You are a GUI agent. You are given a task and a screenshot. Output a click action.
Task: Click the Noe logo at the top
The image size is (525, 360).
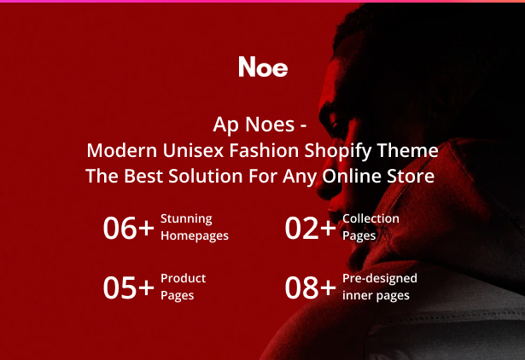[x=263, y=67]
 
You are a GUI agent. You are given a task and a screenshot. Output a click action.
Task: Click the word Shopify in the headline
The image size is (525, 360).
[x=337, y=151]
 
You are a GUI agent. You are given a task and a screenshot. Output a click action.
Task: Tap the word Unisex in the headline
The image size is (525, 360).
[x=193, y=150]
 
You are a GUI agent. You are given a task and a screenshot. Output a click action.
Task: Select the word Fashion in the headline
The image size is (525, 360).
[x=264, y=150]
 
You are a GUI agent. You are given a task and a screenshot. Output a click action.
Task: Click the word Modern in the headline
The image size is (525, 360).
[x=122, y=150]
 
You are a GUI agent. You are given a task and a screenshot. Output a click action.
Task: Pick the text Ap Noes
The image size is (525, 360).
[x=254, y=125]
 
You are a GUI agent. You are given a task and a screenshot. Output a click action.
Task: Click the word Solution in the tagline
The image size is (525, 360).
[x=205, y=176]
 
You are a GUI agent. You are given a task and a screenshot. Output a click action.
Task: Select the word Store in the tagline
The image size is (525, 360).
[x=411, y=176]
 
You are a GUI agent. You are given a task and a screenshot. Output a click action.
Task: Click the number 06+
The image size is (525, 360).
[x=129, y=228]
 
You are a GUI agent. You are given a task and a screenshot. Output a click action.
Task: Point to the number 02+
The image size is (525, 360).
[x=311, y=228]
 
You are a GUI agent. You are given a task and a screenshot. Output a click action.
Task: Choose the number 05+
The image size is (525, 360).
[x=129, y=287]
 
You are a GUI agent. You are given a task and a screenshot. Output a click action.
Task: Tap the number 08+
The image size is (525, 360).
[x=311, y=287]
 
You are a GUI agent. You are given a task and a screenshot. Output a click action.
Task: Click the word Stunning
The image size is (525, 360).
[x=186, y=219]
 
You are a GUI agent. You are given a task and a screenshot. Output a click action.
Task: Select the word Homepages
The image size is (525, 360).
[x=195, y=235]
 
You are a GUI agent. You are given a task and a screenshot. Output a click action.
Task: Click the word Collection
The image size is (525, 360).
[x=370, y=218]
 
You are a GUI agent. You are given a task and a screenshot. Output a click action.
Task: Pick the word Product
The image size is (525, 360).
[x=184, y=278]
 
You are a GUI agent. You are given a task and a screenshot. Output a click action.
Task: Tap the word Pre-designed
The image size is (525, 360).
[x=380, y=279]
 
